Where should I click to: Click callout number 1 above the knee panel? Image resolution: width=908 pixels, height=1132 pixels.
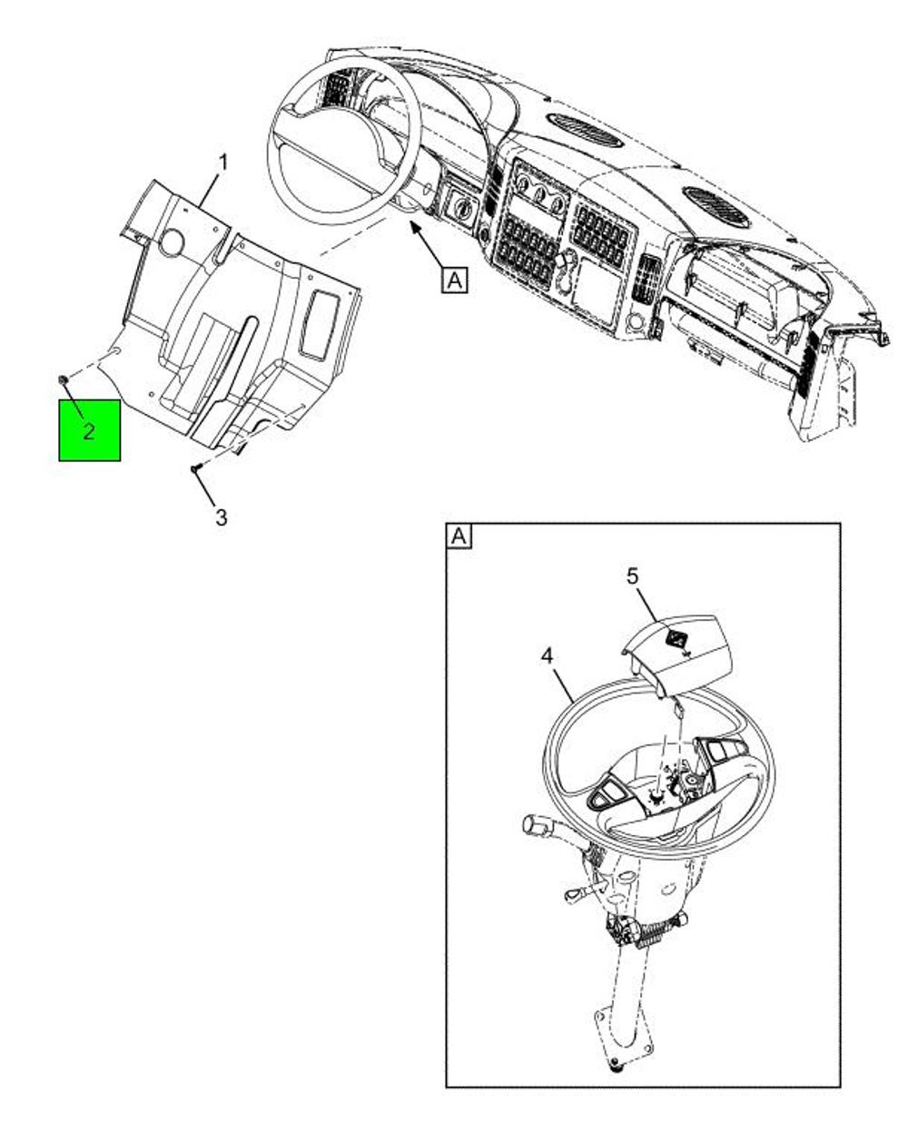223,163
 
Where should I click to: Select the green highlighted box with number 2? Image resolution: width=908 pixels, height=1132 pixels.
89,430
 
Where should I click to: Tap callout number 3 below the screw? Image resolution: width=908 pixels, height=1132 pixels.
222,517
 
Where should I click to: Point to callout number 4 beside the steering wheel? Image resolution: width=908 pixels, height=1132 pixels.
548,657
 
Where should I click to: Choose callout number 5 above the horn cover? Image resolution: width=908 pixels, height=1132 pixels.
632,577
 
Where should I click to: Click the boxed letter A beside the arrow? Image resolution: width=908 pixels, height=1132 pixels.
455,280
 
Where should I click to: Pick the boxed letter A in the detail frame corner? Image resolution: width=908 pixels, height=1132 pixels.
459,536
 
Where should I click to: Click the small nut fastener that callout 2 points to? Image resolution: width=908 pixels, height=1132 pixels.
64,379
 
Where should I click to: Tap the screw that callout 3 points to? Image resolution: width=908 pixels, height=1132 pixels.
195,468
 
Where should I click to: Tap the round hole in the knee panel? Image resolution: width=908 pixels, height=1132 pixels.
172,244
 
